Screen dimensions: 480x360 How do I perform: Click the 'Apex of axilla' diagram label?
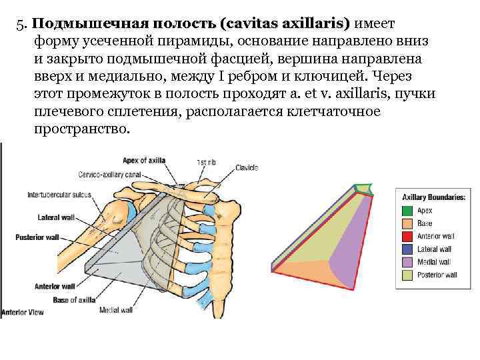pyautogui.click(x=144, y=159)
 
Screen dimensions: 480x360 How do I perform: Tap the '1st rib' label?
pyautogui.click(x=205, y=163)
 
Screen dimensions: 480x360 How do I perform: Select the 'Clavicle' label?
pyautogui.click(x=247, y=169)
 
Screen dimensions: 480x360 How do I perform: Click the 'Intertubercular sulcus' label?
pyautogui.click(x=59, y=195)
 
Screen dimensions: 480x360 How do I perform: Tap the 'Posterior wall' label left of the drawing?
pyautogui.click(x=37, y=237)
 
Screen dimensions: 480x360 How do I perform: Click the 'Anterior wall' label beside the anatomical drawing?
pyautogui.click(x=53, y=287)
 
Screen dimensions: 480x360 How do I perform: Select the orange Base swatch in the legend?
pyautogui.click(x=407, y=223)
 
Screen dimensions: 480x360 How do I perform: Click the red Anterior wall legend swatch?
pyautogui.click(x=407, y=237)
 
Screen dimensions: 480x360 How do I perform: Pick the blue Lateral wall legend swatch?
pyautogui.click(x=407, y=249)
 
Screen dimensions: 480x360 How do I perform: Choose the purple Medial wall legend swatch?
pyautogui.click(x=407, y=262)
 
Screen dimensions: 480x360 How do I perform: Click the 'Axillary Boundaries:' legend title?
pyautogui.click(x=433, y=197)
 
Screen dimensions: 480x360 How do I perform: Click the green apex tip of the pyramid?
pyautogui.click(x=363, y=188)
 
